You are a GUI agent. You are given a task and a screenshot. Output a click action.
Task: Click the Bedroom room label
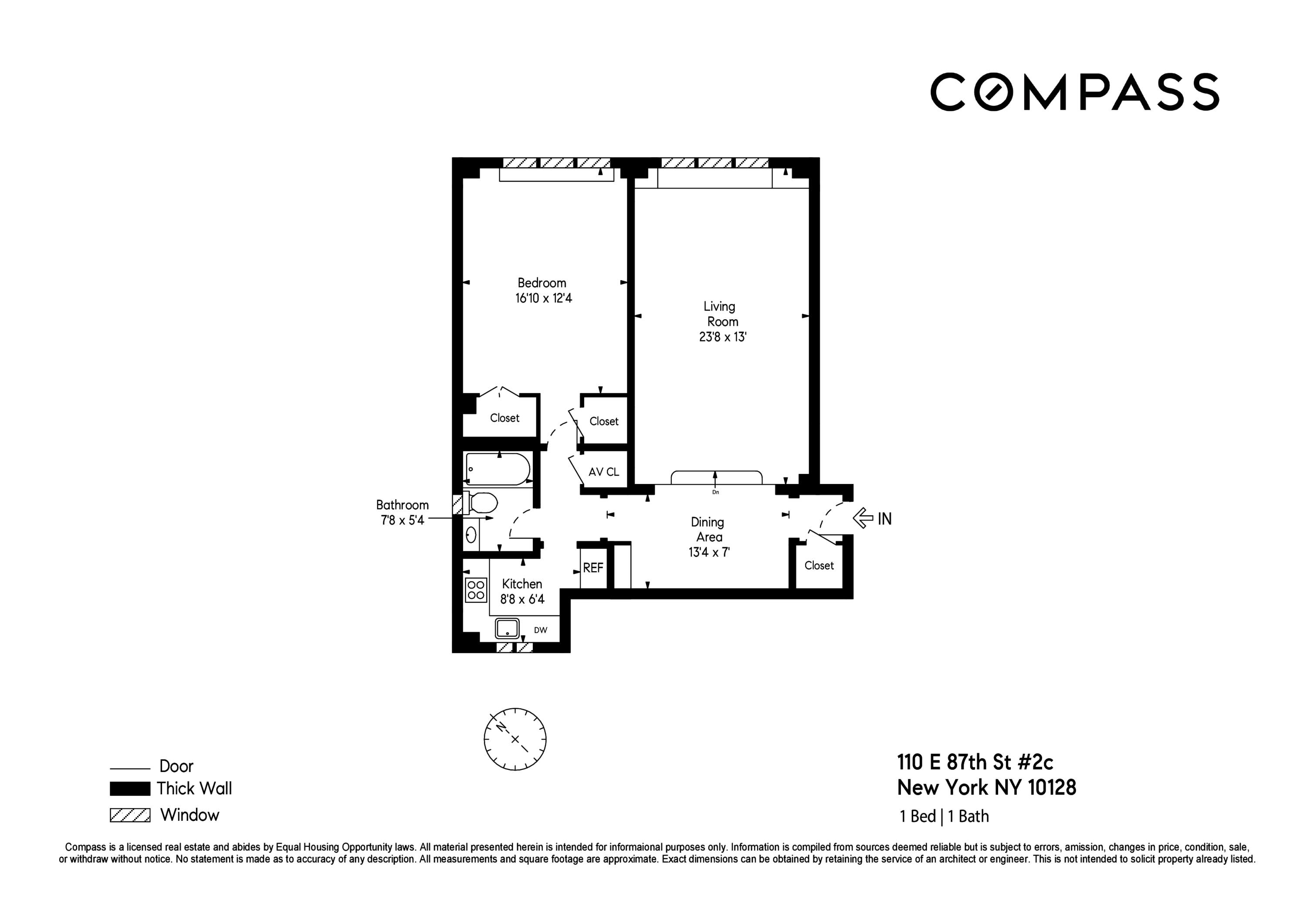542,283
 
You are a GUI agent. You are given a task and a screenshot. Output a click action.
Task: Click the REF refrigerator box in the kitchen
593,568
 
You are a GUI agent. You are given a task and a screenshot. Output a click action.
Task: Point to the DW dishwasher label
540,630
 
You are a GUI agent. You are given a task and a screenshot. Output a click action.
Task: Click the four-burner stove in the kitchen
475,590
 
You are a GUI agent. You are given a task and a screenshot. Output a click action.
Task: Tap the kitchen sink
507,629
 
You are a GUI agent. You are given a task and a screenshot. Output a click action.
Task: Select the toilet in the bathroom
481,503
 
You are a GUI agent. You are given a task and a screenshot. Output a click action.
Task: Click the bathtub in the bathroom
497,469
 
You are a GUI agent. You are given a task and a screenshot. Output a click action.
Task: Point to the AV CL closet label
603,472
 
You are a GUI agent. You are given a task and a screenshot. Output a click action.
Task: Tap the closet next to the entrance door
819,565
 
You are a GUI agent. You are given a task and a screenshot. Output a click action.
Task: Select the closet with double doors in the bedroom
505,418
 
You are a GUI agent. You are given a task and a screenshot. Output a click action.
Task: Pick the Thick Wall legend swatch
130,789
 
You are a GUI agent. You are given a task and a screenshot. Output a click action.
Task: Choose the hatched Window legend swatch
130,815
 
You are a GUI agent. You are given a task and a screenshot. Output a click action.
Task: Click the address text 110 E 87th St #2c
975,762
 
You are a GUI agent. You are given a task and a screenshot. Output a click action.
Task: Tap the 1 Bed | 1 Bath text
944,816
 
